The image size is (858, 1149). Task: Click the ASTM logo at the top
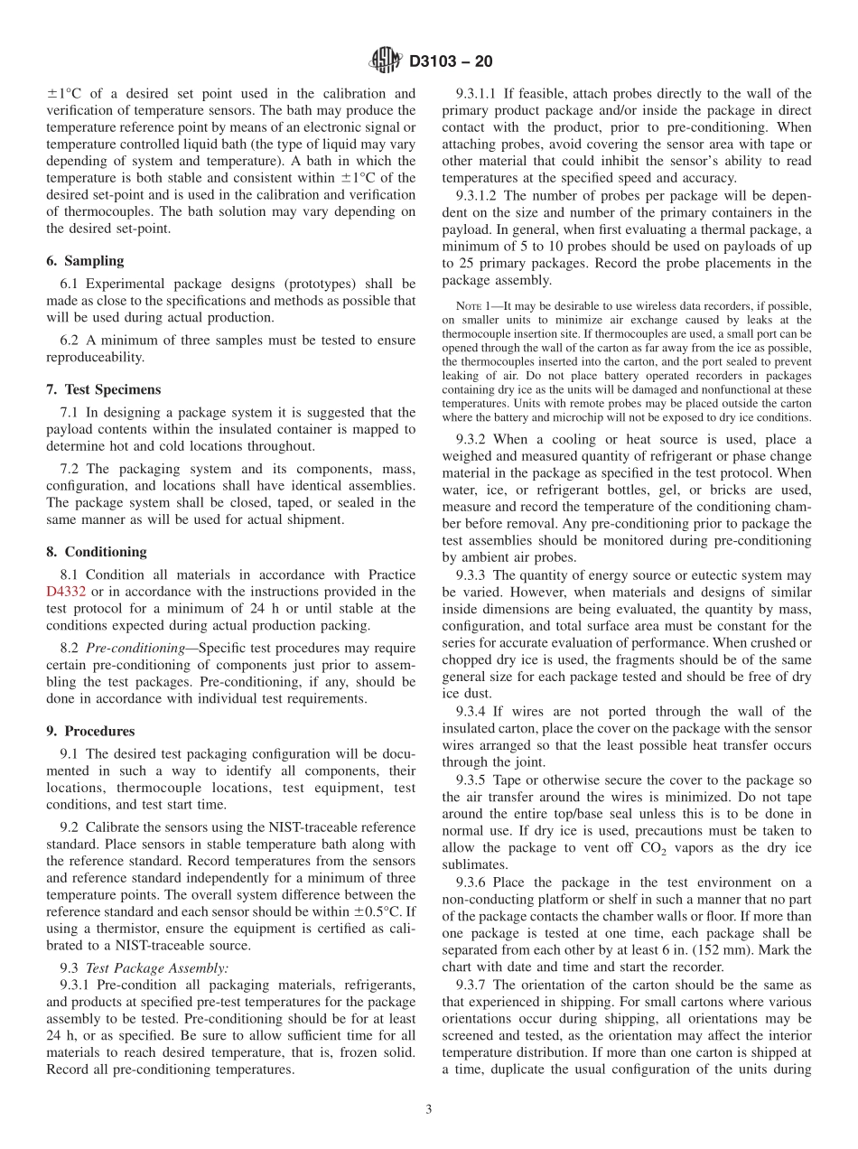click(387, 61)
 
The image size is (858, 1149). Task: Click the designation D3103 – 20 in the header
click(451, 62)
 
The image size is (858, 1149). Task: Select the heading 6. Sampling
click(85, 261)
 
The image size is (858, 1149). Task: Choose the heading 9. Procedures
click(90, 731)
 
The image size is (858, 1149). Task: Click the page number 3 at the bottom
click(429, 1109)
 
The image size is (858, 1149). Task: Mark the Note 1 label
click(475, 306)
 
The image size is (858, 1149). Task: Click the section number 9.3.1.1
click(479, 94)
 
